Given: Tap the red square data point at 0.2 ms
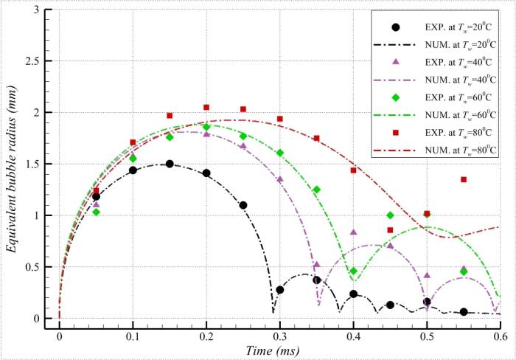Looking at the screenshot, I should pyautogui.click(x=206, y=108).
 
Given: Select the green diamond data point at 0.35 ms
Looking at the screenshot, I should pyautogui.click(x=317, y=190).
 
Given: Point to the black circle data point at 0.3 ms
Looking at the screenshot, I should pyautogui.click(x=280, y=290).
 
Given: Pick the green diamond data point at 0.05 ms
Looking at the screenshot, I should pyautogui.click(x=96, y=212).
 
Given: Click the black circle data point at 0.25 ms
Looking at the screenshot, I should pyautogui.click(x=243, y=205).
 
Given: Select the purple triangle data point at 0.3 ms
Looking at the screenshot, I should pyautogui.click(x=280, y=179).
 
